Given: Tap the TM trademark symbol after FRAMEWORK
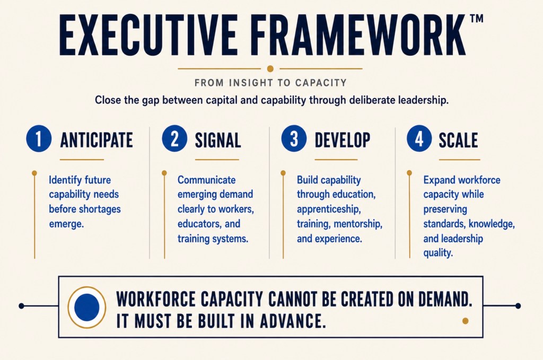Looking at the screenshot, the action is coord(477,19).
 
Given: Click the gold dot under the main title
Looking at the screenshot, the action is coord(270,68).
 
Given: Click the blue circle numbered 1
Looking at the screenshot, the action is coord(39,138).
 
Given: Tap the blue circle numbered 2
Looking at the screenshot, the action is coord(174,138).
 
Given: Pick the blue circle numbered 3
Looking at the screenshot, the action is coord(294,138).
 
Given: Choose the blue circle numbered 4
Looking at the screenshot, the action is coord(419,138).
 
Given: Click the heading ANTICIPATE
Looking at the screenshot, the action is coord(97,140).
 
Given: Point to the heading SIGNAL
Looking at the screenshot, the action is coord(218,140).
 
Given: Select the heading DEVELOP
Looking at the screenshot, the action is coord(343,140).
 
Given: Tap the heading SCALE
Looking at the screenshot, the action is coord(458,140).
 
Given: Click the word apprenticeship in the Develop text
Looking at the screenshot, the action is coord(329,209).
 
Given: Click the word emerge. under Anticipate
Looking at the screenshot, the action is coord(66,224).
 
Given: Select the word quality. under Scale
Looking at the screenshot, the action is coord(438,253).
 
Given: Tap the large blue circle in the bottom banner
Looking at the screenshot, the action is coord(86,307).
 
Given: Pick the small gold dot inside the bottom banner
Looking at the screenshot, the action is coord(466,321).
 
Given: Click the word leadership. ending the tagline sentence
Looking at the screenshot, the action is coord(423,100).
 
